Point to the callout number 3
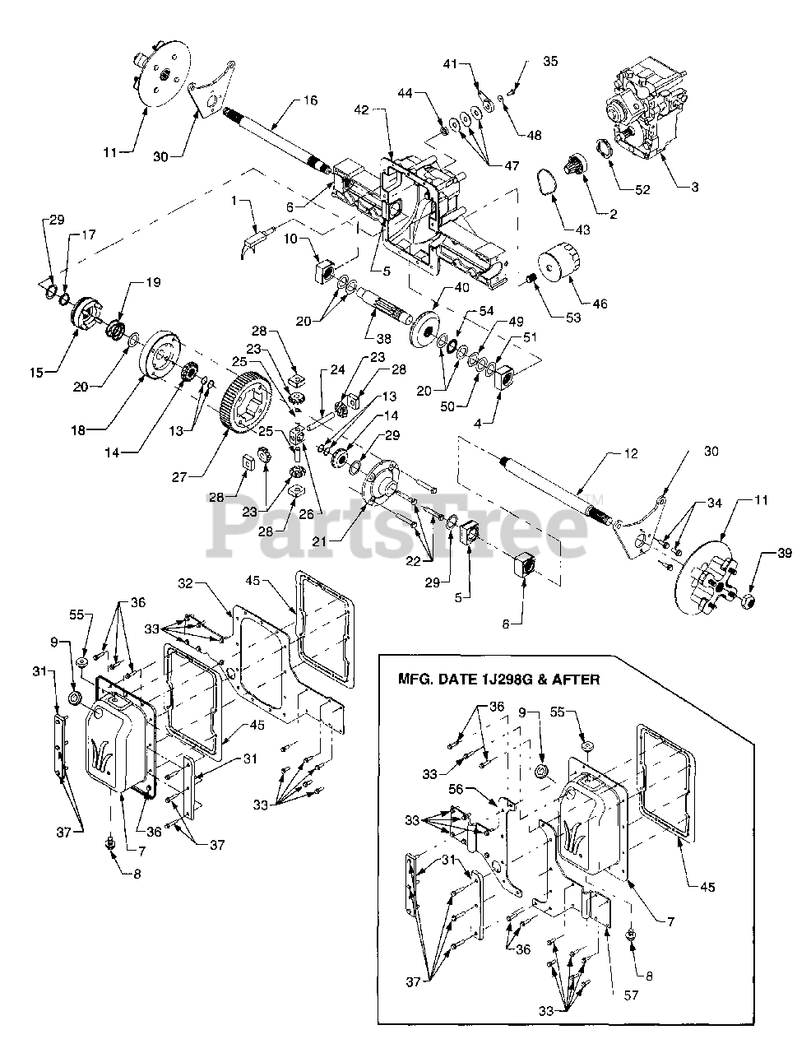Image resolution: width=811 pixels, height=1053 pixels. (694, 188)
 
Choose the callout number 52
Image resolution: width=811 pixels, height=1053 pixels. (642, 189)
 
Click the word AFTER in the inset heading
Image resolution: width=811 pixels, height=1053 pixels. (574, 680)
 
